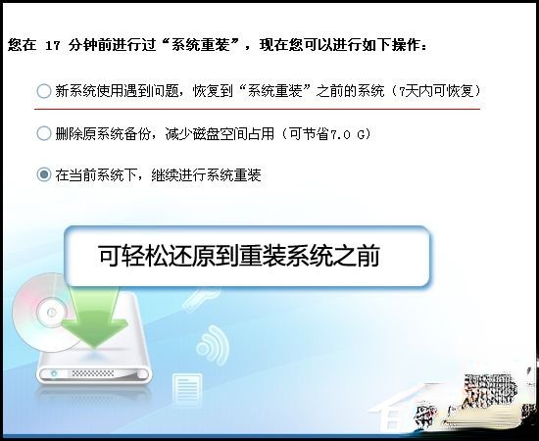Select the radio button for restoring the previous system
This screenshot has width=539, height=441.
43,91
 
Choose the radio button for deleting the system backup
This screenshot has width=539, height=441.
43,133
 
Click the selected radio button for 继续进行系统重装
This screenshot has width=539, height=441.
43,175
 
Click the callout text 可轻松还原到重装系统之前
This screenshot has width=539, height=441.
239,258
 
